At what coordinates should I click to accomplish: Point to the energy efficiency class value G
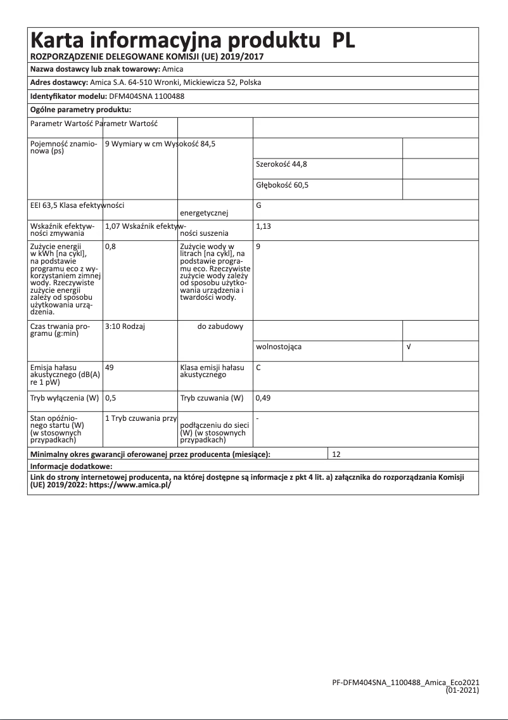coord(258,205)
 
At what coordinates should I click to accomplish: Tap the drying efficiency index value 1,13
coord(263,226)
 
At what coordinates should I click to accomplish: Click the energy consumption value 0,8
coord(110,246)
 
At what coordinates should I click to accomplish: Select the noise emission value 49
coord(110,367)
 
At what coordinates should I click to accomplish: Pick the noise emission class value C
coord(258,367)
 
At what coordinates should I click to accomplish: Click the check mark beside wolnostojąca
coord(409,347)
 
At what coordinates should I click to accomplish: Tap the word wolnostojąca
coord(278,347)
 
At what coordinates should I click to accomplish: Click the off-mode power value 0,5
coord(110,398)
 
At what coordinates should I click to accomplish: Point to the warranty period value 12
coord(336,454)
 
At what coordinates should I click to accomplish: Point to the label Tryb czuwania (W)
coord(212,398)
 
